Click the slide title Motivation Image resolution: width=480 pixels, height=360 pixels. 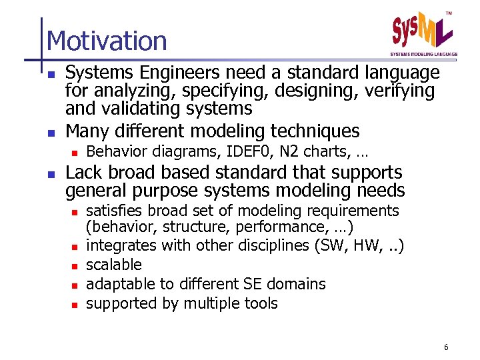(x=107, y=41)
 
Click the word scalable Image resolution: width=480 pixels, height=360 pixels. (x=114, y=265)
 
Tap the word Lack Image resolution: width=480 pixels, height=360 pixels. (x=83, y=173)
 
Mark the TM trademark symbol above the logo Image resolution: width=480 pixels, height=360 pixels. (x=448, y=13)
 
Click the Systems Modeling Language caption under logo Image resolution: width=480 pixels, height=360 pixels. (x=423, y=54)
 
